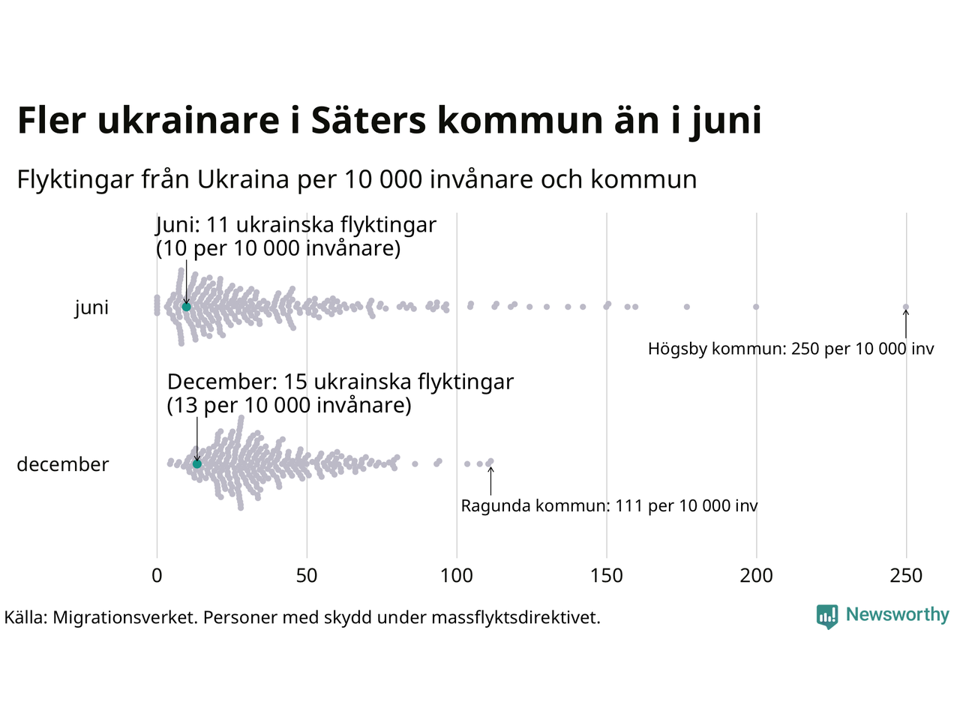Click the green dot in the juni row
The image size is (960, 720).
point(186,307)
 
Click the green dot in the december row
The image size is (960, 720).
point(197,464)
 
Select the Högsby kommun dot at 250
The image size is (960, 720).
point(905,307)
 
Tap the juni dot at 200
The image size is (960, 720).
point(756,307)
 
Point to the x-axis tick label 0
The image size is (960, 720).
point(157,576)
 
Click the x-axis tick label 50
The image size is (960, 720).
point(307,576)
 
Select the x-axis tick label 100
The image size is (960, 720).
point(457,576)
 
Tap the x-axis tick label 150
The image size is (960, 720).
point(607,576)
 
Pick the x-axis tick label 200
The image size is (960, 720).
point(756,576)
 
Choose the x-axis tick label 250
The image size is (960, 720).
point(906,576)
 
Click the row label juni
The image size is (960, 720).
point(91,307)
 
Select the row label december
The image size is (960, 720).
point(63,464)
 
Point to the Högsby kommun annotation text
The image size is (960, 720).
point(791,349)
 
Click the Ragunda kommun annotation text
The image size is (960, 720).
point(609,506)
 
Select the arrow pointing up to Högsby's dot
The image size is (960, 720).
point(906,324)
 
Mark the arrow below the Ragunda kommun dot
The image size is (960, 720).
point(490,480)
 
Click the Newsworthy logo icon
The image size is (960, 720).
point(826,616)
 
